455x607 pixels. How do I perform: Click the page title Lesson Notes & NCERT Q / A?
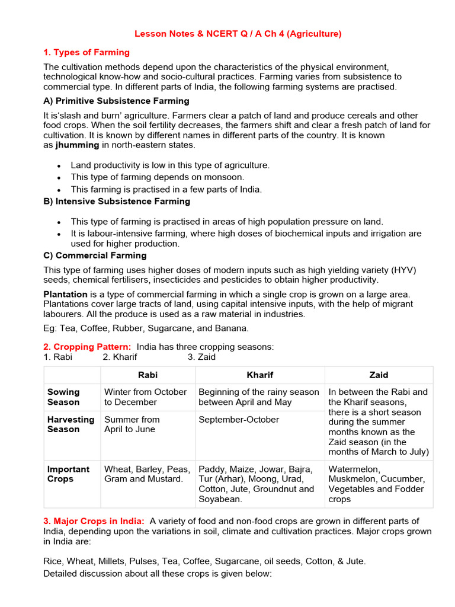point(238,34)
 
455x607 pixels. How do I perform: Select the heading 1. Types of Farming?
point(86,52)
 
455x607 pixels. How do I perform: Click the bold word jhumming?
point(78,145)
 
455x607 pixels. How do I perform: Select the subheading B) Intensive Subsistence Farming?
point(117,201)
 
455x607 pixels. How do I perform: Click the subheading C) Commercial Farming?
point(95,255)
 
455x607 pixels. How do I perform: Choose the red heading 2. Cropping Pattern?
point(88,347)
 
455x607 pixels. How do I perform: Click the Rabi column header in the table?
point(148,375)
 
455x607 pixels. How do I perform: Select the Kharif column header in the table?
point(259,375)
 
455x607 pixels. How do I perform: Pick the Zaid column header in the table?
point(379,375)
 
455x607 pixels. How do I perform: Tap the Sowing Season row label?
point(63,397)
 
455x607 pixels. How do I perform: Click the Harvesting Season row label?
point(71,424)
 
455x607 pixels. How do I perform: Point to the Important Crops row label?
point(69,474)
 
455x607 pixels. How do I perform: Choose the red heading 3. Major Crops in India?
point(94,521)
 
